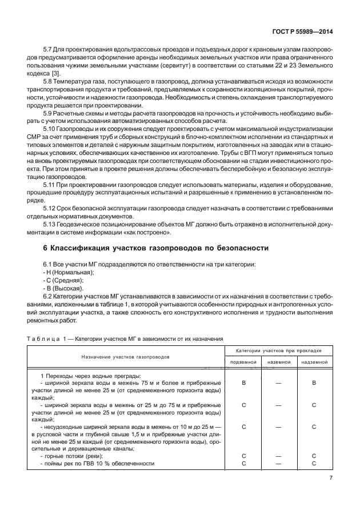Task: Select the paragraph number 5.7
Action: (x=49, y=50)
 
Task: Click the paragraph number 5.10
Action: (x=50, y=130)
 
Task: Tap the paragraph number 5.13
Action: (x=50, y=225)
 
